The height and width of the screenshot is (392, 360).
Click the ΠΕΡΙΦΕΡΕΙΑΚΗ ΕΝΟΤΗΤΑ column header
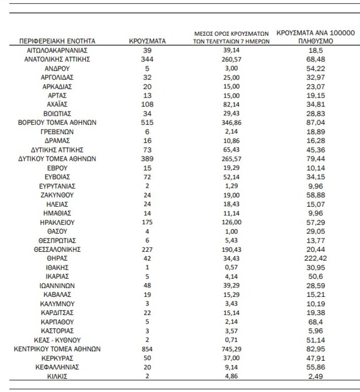pos(56,41)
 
